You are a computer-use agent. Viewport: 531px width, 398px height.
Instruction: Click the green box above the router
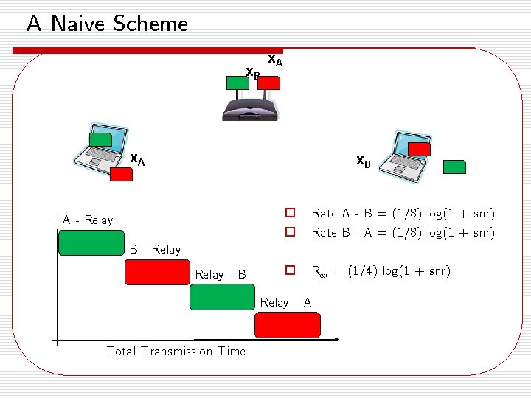coord(238,83)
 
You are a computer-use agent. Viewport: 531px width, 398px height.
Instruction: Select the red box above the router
coord(270,83)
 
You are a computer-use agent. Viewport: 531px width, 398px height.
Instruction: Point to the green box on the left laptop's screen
coord(100,139)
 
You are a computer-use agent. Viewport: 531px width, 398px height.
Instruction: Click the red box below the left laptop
coord(119,175)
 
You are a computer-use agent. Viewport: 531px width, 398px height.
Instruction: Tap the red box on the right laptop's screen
coord(419,150)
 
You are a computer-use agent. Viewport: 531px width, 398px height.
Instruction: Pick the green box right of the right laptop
coord(454,167)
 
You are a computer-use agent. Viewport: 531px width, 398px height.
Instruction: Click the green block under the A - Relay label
coord(91,242)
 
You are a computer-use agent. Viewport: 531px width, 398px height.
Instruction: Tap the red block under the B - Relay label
coord(157,273)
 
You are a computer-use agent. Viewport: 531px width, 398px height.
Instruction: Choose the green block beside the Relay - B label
coord(222,297)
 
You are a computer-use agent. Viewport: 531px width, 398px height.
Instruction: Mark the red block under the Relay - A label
coord(288,325)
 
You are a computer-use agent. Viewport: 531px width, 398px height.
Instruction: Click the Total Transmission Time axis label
coord(176,352)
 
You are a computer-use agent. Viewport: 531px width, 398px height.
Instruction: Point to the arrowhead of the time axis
coord(335,341)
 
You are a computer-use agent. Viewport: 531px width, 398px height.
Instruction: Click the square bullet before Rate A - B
coord(291,214)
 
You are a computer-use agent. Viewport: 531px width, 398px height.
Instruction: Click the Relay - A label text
coord(285,302)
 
